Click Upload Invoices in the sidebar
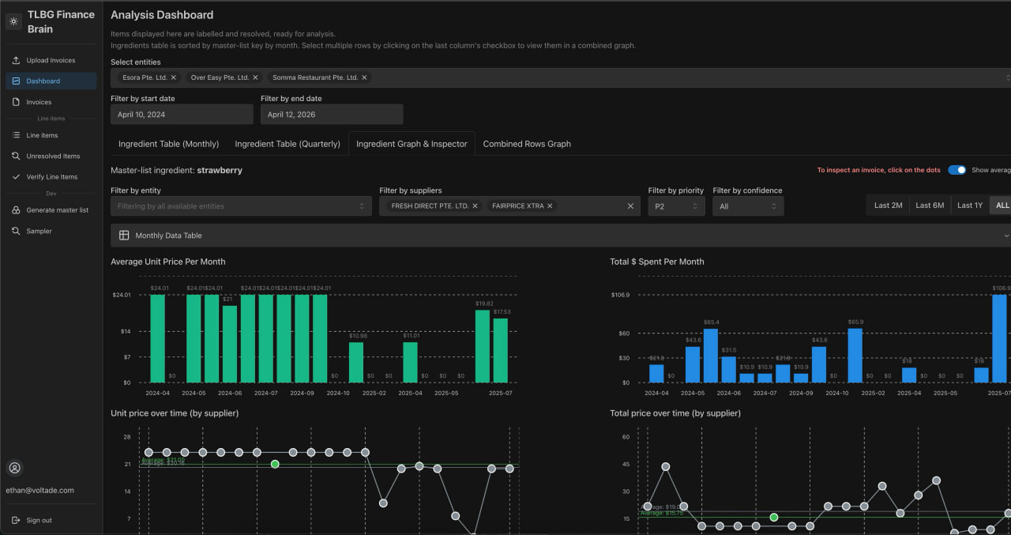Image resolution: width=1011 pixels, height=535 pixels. [x=51, y=60]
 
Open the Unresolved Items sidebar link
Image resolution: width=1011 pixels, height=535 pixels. [x=53, y=156]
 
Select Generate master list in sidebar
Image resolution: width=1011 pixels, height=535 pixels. [x=57, y=210]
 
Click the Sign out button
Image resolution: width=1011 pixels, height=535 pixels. [x=39, y=520]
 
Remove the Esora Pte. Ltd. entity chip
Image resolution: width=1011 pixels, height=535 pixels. [x=173, y=77]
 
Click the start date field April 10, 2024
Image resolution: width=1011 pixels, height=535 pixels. [x=182, y=115]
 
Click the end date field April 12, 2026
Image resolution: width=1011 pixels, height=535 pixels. [x=332, y=115]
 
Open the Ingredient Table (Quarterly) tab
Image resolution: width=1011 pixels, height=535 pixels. [x=288, y=144]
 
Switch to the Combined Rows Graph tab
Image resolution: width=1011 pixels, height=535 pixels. [x=527, y=144]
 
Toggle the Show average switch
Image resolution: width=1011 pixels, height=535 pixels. [x=957, y=170]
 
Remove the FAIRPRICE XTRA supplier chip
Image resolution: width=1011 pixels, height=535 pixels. [x=550, y=206]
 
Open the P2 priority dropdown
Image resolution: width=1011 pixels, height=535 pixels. [x=676, y=206]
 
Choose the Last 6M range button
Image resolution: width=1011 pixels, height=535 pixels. [x=930, y=205]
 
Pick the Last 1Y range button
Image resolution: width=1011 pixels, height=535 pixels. [x=969, y=205]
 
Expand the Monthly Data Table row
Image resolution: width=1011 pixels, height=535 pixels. [x=561, y=235]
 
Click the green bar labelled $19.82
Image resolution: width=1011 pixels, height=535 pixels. [x=483, y=346]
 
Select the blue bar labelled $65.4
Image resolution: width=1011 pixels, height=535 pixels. [x=711, y=356]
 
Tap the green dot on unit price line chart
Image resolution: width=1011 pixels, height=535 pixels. [x=275, y=464]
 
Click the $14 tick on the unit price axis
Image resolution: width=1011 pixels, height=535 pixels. [x=126, y=331]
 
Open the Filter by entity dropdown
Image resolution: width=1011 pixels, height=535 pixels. [x=241, y=206]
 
